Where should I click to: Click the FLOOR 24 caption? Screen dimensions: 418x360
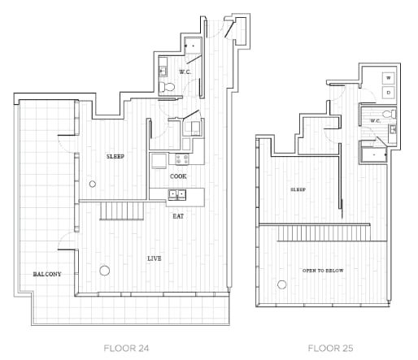click(x=126, y=348)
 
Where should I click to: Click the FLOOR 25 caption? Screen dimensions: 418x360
click(x=330, y=348)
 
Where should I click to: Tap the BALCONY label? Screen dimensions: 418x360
click(x=47, y=274)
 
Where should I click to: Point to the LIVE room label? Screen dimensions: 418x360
click(x=155, y=258)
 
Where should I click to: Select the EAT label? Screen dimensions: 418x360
click(x=178, y=216)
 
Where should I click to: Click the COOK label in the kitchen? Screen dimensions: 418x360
click(x=178, y=176)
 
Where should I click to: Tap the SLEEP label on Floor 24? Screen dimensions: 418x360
click(x=115, y=156)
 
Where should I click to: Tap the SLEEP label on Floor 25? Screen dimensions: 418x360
click(x=298, y=189)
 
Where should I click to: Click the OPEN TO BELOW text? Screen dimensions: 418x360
click(x=323, y=271)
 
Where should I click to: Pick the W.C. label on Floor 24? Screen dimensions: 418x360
click(x=185, y=72)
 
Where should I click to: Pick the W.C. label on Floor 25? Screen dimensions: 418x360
click(x=376, y=121)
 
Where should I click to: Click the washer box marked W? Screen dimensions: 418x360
click(x=389, y=78)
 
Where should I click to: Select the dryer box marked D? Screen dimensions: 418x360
click(x=389, y=93)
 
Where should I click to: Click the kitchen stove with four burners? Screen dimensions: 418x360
click(x=182, y=159)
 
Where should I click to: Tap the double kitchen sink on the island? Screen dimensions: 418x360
click(x=177, y=195)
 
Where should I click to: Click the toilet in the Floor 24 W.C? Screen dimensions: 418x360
click(x=167, y=87)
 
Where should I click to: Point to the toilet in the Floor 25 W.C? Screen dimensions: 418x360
click(x=390, y=114)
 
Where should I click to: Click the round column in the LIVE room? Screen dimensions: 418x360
click(x=104, y=271)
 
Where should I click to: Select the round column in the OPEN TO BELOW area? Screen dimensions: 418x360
click(x=282, y=284)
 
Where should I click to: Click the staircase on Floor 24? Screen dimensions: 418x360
click(x=122, y=210)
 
